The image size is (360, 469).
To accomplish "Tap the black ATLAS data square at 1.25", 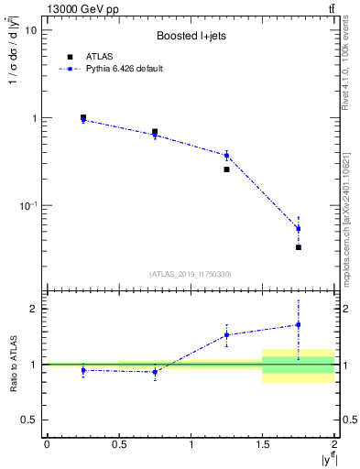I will pos(226,169).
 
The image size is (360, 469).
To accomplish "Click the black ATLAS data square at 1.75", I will pos(299,247).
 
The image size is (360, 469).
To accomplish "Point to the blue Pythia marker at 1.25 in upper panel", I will pos(226,155).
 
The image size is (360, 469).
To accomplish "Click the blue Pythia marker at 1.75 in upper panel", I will pos(299,228).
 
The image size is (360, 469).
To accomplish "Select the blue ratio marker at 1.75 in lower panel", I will pos(299,324).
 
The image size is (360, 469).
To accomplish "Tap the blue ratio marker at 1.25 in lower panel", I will pos(226,334).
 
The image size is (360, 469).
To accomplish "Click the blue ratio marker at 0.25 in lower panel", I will pos(83,370).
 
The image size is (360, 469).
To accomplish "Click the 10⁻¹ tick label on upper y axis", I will pos(27,206).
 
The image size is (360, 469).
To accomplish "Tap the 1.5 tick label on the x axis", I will pos(263,444).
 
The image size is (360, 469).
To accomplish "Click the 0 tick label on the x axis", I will pos(47,444).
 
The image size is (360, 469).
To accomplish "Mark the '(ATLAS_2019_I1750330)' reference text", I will pos(191,274).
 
